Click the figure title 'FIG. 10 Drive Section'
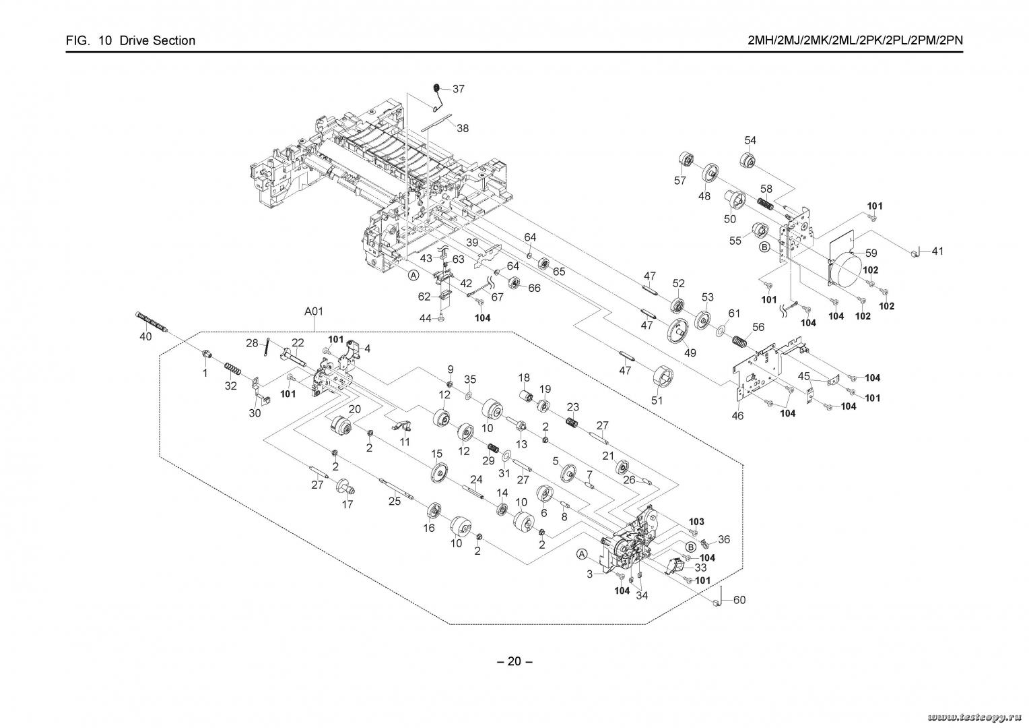pyautogui.click(x=131, y=40)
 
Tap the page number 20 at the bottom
pyautogui.click(x=514, y=661)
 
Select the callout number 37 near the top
pyautogui.click(x=459, y=89)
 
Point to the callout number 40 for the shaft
pyautogui.click(x=145, y=337)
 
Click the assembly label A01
pyautogui.click(x=314, y=311)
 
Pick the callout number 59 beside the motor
pyautogui.click(x=871, y=253)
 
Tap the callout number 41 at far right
pyautogui.click(x=937, y=251)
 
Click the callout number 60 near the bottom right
pyautogui.click(x=739, y=600)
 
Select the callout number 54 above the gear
pyautogui.click(x=750, y=140)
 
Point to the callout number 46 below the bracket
pyautogui.click(x=738, y=416)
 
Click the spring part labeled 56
pyautogui.click(x=739, y=341)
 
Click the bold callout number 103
pyautogui.click(x=696, y=522)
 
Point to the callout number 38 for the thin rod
pyautogui.click(x=463, y=128)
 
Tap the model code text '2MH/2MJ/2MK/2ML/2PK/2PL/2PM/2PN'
pyautogui.click(x=855, y=40)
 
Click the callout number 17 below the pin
pyautogui.click(x=347, y=504)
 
